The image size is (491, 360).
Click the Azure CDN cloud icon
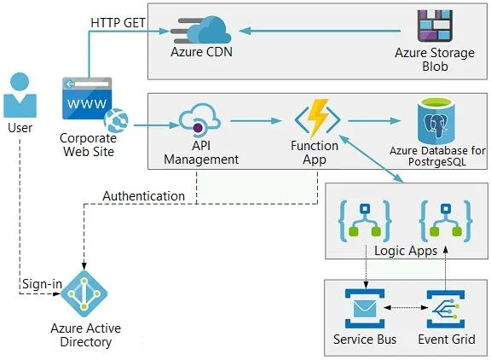[x=201, y=30]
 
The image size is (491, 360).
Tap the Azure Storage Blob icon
[x=435, y=26]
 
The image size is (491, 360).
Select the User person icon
[x=20, y=95]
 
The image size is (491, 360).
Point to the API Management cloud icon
[x=199, y=120]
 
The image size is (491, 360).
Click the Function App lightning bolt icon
[x=317, y=119]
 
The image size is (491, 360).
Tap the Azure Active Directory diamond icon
[x=84, y=294]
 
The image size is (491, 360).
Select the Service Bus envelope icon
[x=365, y=308]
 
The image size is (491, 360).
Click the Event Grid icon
[x=446, y=309]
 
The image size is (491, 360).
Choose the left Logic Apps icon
[x=365, y=222]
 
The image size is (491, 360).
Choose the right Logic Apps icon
[x=446, y=222]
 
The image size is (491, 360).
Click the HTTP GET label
[x=118, y=22]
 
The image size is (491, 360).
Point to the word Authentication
[x=144, y=196]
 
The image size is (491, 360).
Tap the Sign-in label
[x=43, y=284]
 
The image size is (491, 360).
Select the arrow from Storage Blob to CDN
[x=320, y=31]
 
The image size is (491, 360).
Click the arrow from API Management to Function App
[x=256, y=120]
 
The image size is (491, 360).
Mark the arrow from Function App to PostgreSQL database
[x=374, y=120]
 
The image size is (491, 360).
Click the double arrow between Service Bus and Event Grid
[x=406, y=308]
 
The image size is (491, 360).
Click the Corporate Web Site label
[x=89, y=145]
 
